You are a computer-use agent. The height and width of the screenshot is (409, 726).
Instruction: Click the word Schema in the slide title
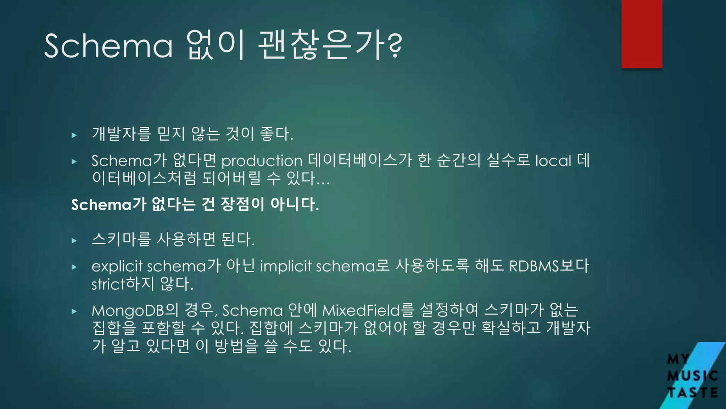click(x=108, y=46)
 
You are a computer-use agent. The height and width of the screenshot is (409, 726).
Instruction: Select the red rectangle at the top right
click(x=642, y=34)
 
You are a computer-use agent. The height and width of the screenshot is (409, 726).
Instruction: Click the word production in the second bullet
click(x=262, y=161)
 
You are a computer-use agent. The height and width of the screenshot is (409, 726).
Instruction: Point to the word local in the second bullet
click(x=553, y=161)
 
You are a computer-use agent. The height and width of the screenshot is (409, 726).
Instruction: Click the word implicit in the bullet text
click(x=286, y=266)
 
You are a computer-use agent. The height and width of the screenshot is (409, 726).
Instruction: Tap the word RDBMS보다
click(x=549, y=266)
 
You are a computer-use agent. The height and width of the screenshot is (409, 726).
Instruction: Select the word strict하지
click(x=123, y=284)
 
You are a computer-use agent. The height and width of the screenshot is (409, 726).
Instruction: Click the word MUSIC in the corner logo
click(x=692, y=376)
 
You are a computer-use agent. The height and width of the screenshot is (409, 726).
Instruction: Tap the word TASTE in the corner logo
click(x=693, y=393)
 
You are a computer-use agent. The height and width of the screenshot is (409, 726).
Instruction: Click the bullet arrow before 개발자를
click(x=74, y=135)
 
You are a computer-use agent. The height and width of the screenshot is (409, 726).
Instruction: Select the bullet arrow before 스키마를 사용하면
click(x=74, y=241)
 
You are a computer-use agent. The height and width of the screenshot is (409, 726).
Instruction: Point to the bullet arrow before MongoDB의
click(x=74, y=311)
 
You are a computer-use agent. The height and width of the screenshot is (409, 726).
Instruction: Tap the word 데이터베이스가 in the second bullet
click(x=360, y=160)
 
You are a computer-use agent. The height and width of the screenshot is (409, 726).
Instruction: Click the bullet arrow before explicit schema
click(x=74, y=267)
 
